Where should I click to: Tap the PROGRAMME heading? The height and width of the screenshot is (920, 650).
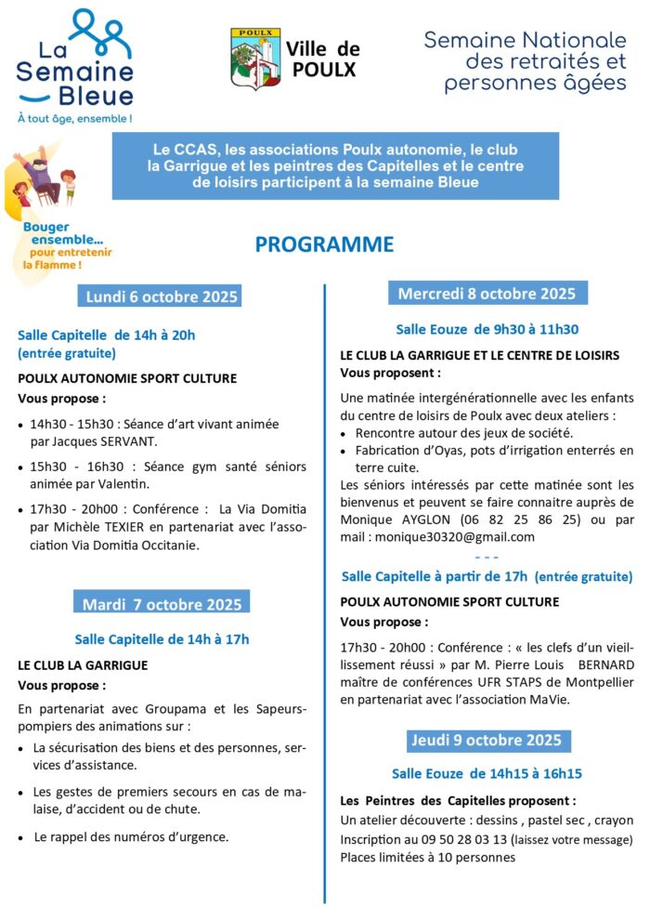[x=324, y=244]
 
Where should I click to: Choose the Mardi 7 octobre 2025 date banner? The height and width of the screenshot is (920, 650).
[x=162, y=605]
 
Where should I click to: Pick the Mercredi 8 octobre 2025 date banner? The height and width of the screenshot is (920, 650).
[x=487, y=294]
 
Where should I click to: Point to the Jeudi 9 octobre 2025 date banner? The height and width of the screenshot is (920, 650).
[x=487, y=740]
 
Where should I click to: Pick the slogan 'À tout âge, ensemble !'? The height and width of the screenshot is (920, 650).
[x=74, y=119]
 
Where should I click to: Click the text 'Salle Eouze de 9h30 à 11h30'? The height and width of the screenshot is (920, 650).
[x=487, y=329]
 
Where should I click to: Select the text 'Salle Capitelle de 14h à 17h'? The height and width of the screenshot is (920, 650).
[x=162, y=639]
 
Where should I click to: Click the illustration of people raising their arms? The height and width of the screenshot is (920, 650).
[x=42, y=181]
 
